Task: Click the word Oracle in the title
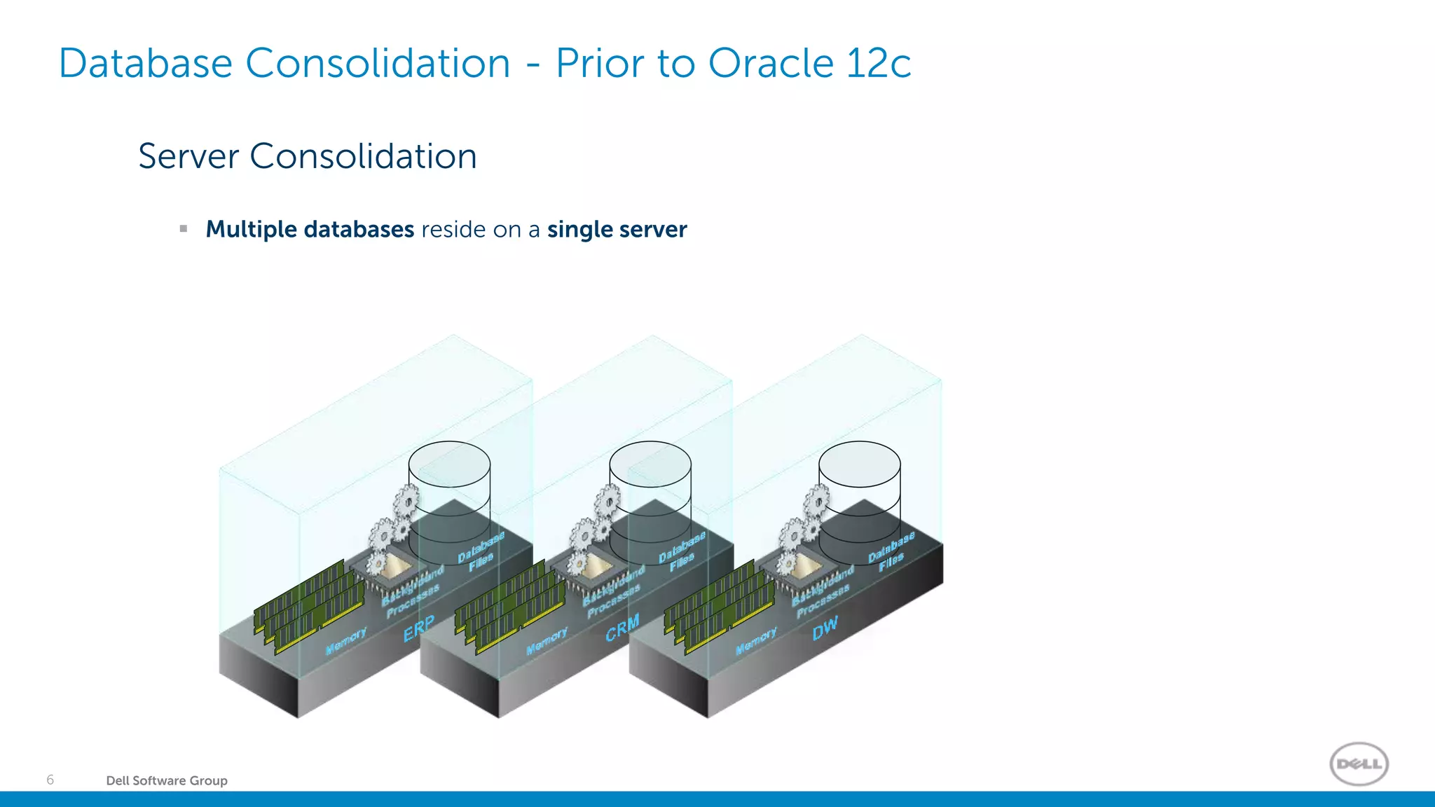770,64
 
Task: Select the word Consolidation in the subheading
363,156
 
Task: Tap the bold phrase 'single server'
617,230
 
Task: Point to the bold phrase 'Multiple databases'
310,230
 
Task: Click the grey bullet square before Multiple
184,228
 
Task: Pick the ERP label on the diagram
419,628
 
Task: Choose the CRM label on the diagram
622,628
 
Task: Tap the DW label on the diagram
825,628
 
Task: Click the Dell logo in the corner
1359,764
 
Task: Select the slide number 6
50,780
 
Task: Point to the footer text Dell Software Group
167,780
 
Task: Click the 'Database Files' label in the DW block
891,551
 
